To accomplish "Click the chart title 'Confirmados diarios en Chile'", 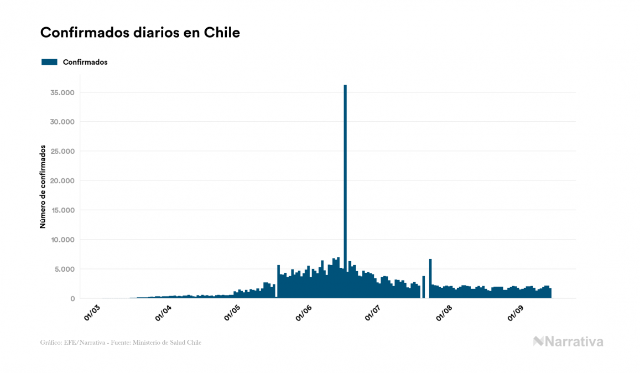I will (140, 33).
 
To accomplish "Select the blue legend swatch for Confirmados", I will (49, 62).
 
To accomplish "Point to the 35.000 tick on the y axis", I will (61, 92).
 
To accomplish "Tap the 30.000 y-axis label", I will (61, 122).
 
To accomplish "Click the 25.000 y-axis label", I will (61, 151).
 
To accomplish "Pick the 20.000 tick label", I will (61, 181).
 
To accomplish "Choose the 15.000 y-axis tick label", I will (61, 210).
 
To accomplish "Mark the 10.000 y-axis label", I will (61, 240).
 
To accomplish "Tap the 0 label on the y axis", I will (72, 299).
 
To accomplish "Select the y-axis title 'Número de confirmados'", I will (43, 186).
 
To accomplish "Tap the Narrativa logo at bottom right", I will (568, 341).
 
